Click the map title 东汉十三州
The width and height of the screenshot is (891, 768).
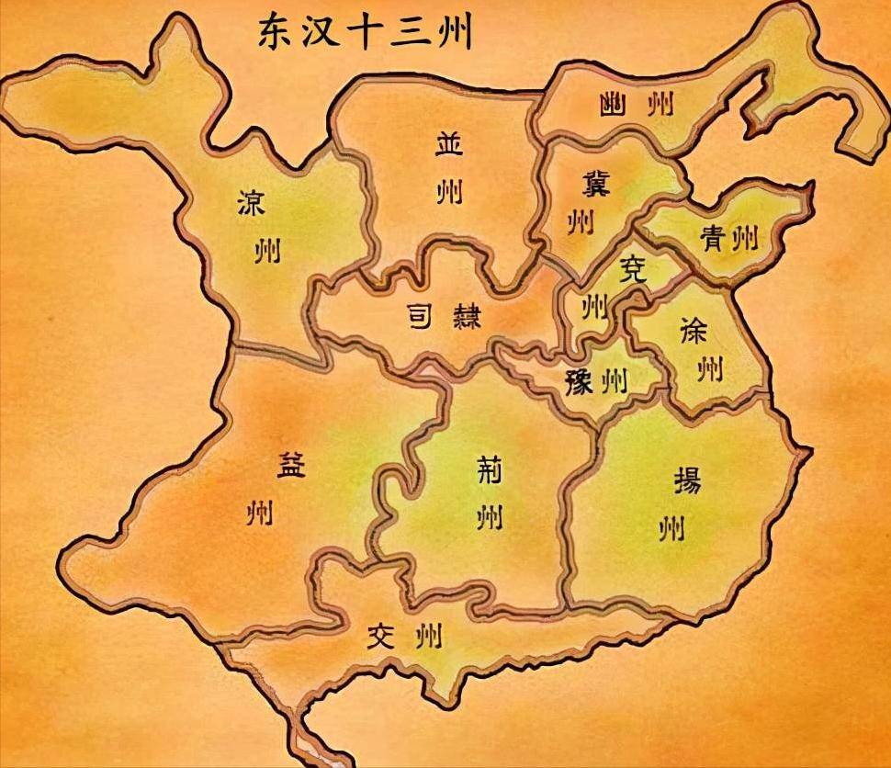pos(366,34)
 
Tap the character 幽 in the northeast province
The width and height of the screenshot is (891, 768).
pos(610,104)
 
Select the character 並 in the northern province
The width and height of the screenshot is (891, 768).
pos(449,145)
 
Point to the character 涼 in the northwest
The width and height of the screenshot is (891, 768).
pos(251,202)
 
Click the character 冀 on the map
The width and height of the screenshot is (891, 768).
pos(595,185)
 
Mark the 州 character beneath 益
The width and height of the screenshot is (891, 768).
pos(259,513)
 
